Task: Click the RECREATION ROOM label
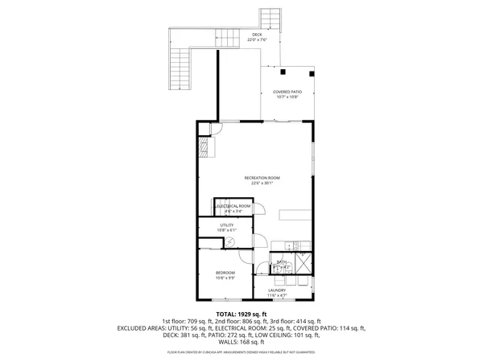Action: point(262,177)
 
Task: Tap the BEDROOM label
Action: point(225,273)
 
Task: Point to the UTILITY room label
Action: point(226,224)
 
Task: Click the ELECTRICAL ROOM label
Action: point(234,206)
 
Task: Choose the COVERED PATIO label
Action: point(286,93)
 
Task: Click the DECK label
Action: point(257,35)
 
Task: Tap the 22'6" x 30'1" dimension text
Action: point(262,183)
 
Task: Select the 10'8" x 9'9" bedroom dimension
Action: point(225,278)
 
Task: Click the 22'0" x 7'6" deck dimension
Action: point(257,40)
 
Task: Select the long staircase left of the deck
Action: point(180,68)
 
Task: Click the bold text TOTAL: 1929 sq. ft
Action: point(242,314)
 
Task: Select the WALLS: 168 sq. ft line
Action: point(242,342)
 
